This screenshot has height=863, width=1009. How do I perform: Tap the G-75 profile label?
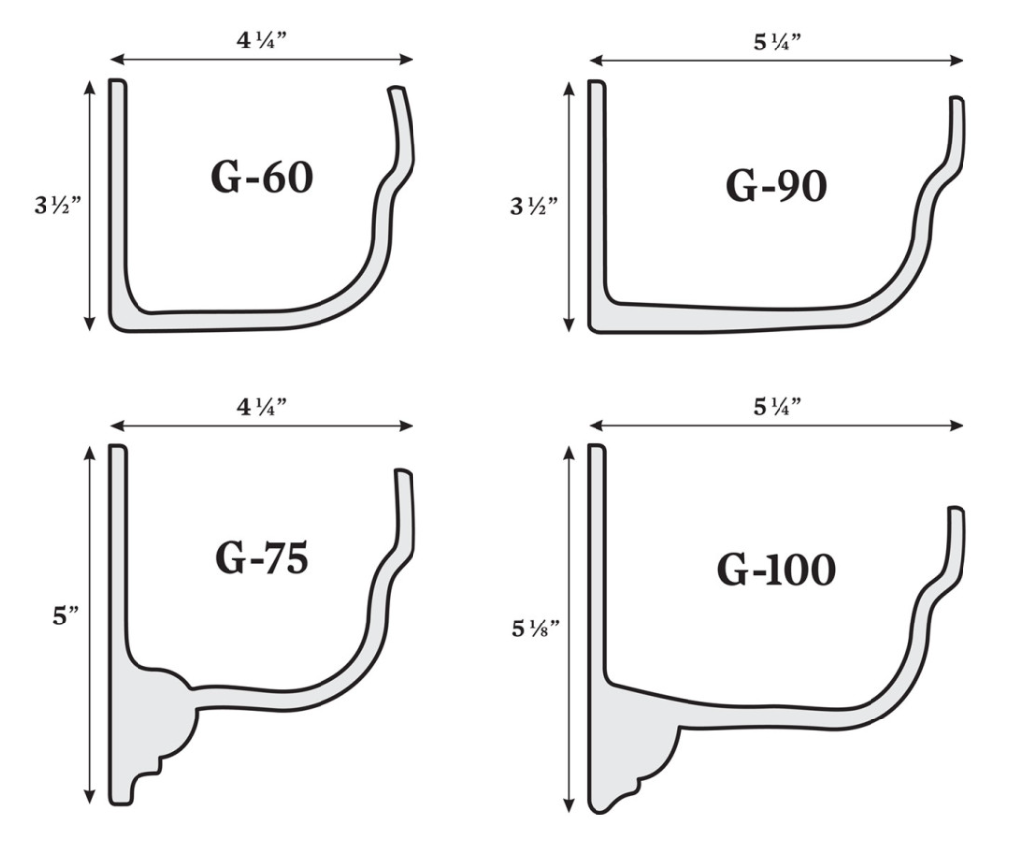(261, 558)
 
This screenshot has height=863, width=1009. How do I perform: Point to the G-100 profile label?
(776, 570)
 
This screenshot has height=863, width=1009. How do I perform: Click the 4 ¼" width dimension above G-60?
(261, 44)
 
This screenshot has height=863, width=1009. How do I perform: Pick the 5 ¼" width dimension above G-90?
(776, 44)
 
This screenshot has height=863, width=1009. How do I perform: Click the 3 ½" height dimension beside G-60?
(55, 208)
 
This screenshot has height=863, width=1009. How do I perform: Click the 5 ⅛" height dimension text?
(535, 629)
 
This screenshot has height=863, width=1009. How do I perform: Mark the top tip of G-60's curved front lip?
(397, 91)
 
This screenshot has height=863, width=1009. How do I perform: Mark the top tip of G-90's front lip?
(957, 99)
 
